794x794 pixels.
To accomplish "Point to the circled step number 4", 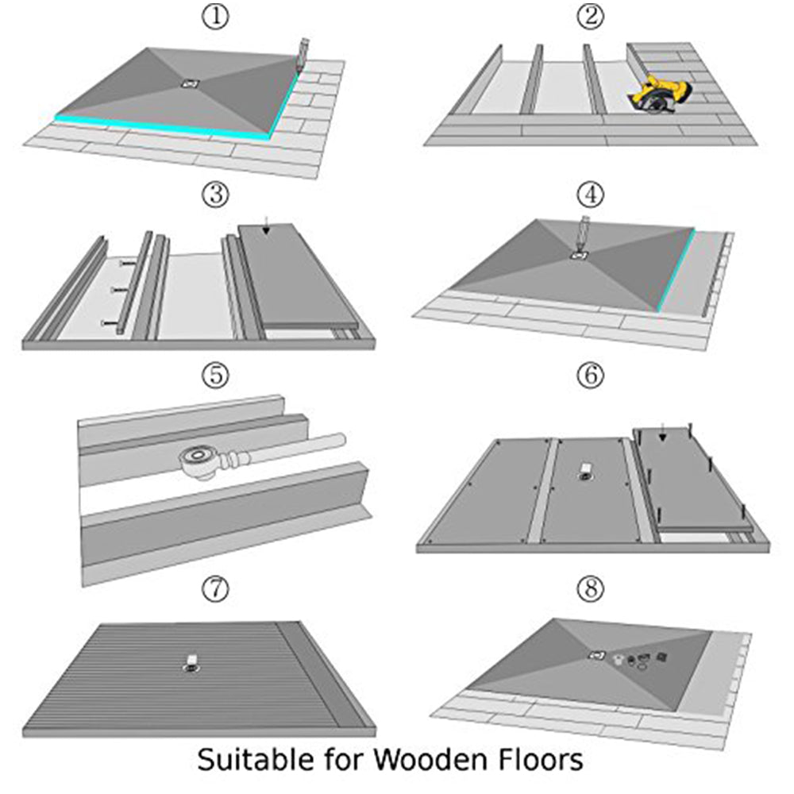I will pos(589,194).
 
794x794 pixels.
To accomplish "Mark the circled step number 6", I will pos(589,376).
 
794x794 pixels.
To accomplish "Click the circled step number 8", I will pos(589,589).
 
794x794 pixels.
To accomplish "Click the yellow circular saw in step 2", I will pos(654,94).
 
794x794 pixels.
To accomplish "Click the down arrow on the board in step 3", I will pos(267,230).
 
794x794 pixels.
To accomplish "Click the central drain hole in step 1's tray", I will pos(189,83).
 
